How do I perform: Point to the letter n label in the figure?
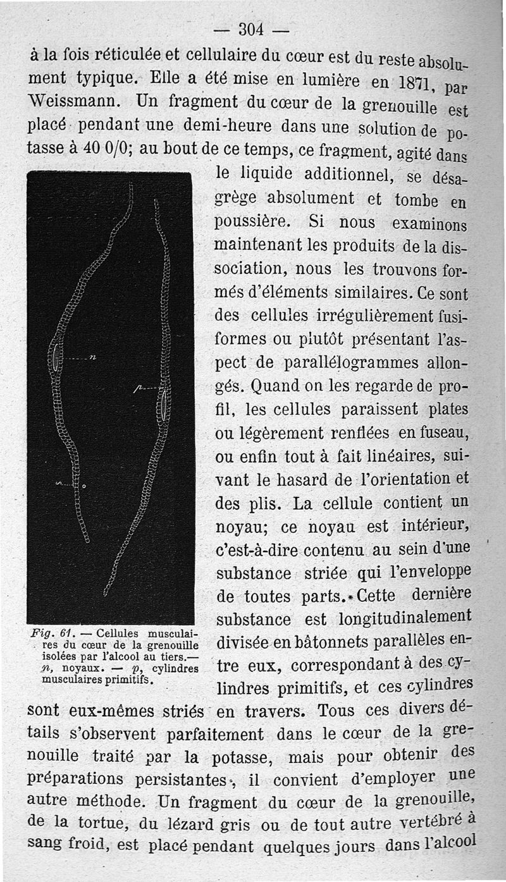pos(92,358)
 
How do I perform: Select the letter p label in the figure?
pos(136,388)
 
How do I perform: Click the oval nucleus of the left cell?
pos(57,358)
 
